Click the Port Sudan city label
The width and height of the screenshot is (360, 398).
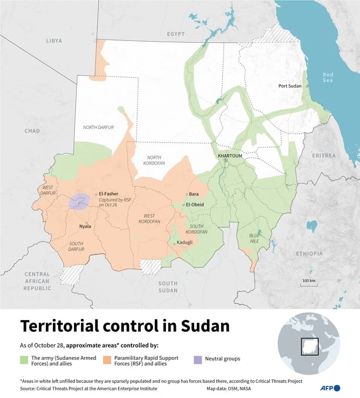pos(290,86)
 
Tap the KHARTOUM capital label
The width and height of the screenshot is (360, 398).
pos(229,156)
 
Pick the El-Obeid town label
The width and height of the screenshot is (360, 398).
pos(195,205)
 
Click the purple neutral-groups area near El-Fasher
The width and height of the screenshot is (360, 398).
pos(79,202)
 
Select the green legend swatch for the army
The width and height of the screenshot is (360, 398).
pos(25,358)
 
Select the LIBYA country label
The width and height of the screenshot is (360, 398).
pos(53,41)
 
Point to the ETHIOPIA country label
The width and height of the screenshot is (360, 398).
pos(308,253)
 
